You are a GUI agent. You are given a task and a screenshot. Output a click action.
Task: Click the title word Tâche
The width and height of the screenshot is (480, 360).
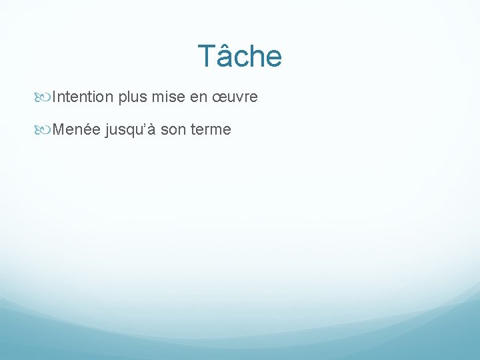[x=240, y=56]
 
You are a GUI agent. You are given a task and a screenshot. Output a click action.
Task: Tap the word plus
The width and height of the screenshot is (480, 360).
[x=133, y=98]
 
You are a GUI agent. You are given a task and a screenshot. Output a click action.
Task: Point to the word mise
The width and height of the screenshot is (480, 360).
[x=169, y=97]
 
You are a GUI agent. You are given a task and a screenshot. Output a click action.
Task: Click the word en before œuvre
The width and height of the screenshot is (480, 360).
[x=199, y=98]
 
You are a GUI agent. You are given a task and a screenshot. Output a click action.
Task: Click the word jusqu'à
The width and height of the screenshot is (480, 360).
[x=131, y=130]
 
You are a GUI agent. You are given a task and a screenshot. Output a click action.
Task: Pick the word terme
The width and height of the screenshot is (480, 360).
[x=211, y=129]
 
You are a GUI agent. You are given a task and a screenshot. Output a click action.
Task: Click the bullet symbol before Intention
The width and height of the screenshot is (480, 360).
[x=45, y=98]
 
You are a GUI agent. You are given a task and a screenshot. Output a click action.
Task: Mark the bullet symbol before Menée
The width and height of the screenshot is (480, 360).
[x=45, y=130]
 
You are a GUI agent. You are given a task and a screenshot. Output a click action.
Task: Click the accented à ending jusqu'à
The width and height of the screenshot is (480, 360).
[x=152, y=129]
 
